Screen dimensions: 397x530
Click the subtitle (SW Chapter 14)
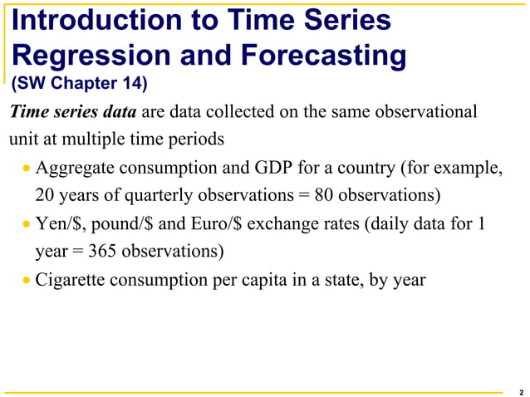[79, 83]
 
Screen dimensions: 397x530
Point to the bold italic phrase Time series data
[73, 112]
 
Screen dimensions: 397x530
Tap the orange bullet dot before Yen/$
[27, 225]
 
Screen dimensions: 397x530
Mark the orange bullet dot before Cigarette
[27, 280]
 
